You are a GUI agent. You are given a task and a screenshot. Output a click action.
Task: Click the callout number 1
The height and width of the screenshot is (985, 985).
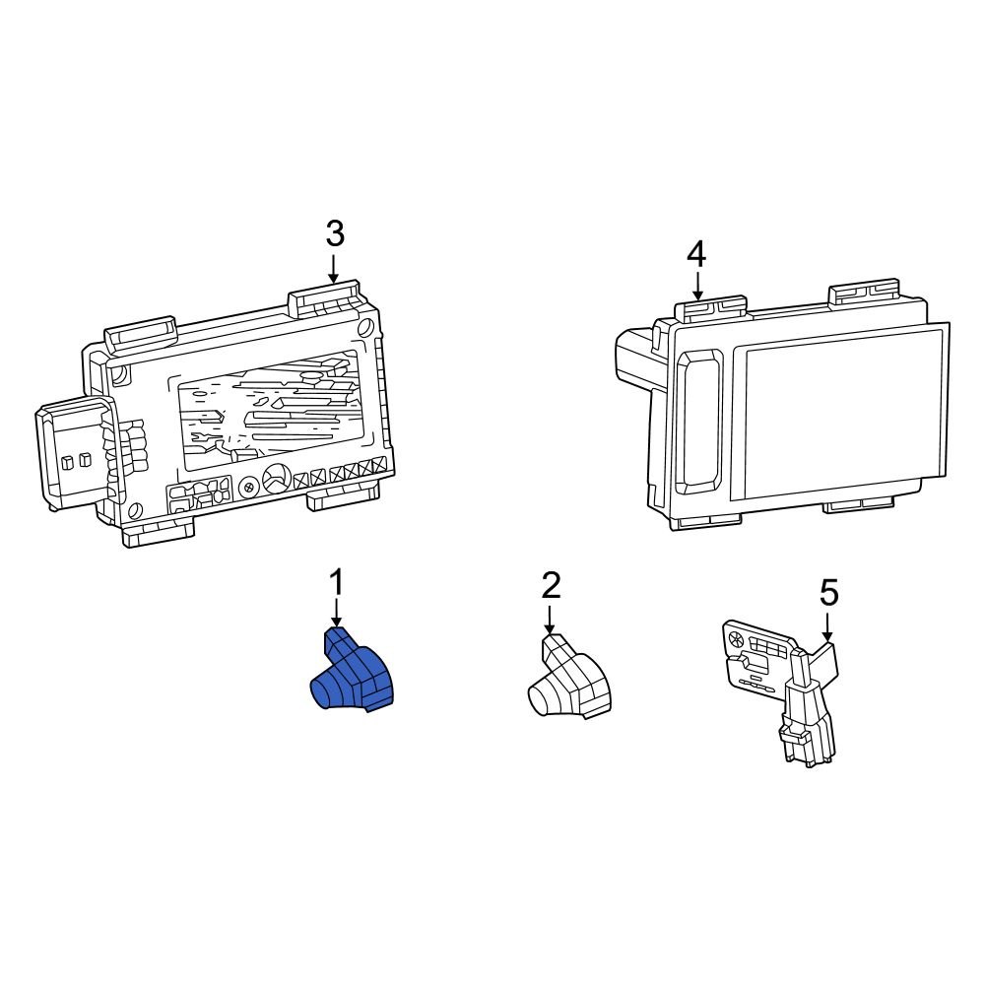[x=337, y=583]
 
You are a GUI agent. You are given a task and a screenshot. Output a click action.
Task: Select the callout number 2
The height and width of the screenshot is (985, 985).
[x=551, y=586]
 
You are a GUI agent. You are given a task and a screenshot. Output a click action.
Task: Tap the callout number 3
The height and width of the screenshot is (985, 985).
[x=335, y=234]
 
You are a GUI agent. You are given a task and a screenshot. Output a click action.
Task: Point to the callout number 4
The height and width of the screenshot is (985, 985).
[x=696, y=255]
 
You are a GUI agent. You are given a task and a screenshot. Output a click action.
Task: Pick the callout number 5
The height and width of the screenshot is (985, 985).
[x=828, y=593]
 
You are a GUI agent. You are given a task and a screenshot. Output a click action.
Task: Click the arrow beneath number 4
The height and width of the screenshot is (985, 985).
[x=696, y=288]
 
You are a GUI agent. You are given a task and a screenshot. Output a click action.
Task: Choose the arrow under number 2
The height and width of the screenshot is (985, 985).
[x=551, y=620]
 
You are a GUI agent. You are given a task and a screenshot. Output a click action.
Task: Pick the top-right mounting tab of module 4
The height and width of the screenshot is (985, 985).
[x=864, y=292]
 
